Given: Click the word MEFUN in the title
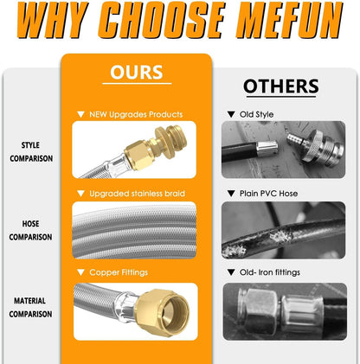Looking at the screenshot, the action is click(x=289, y=20).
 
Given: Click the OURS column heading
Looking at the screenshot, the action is click(x=137, y=72).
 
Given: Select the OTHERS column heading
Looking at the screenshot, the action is click(x=281, y=86).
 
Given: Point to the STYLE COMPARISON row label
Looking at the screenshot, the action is click(x=31, y=151).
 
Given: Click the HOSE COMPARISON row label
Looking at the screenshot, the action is click(x=30, y=230).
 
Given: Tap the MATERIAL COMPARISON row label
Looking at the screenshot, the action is click(x=30, y=307).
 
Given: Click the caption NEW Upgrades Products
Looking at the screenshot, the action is click(x=136, y=114).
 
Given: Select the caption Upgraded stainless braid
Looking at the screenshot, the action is click(x=137, y=194).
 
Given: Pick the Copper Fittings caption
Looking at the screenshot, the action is click(x=119, y=272).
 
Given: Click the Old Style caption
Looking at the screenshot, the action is click(x=256, y=114).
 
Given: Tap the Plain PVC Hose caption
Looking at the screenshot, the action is click(x=268, y=194).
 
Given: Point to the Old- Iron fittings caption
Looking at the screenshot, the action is click(x=270, y=272).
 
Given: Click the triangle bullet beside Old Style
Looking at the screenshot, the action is click(x=231, y=114).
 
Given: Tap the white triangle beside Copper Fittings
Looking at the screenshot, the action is click(x=80, y=272).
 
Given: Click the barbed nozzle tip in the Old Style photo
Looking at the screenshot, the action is click(x=295, y=139).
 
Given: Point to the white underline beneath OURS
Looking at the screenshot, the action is click(x=137, y=84).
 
